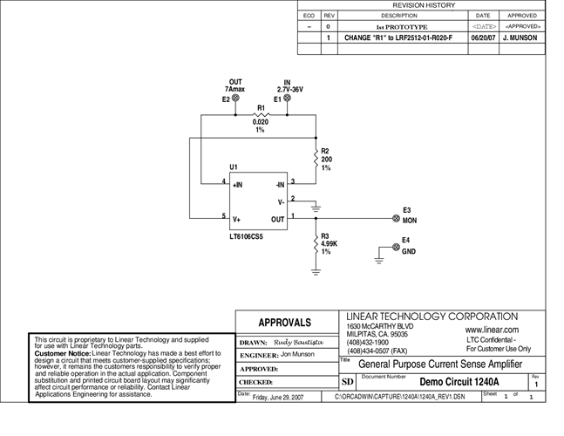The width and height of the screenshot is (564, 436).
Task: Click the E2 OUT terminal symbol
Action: point(238,99)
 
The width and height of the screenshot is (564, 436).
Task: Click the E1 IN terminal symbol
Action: point(288,99)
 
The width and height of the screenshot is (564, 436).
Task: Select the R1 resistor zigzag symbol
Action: point(260,115)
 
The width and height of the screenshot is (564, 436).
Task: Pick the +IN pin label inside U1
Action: point(238,185)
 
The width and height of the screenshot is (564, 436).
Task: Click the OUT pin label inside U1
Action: point(277,220)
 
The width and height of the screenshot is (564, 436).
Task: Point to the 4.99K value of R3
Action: point(330,243)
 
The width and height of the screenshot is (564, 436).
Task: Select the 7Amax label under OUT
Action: point(234,90)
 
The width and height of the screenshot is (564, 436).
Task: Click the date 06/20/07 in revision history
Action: point(482,38)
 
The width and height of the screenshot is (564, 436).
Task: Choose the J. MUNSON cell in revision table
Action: point(521,38)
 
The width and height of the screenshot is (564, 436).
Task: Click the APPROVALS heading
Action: point(285,323)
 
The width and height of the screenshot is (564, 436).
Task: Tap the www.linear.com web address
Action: point(492,330)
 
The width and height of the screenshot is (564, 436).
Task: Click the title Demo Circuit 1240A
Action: point(459,382)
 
